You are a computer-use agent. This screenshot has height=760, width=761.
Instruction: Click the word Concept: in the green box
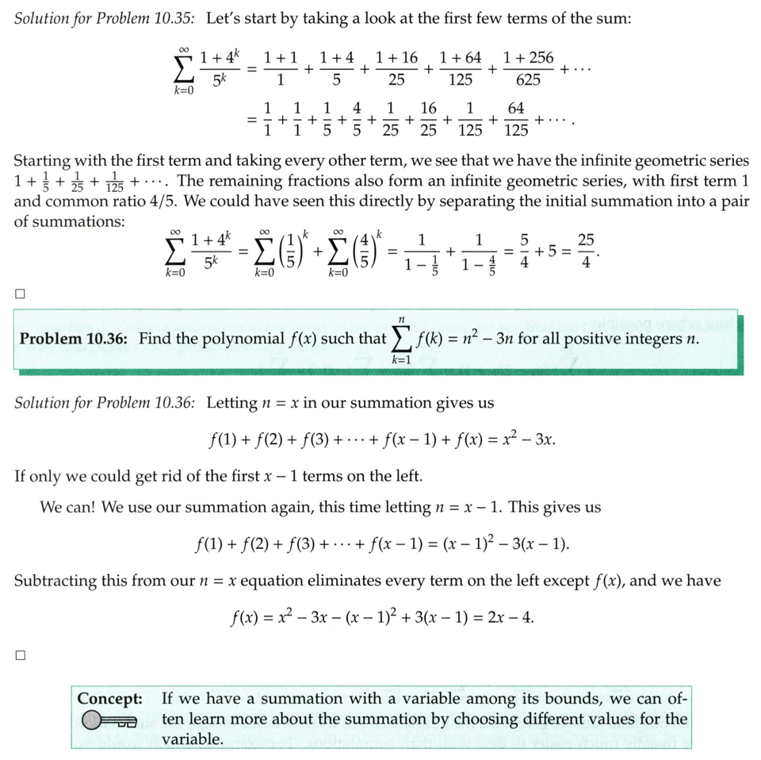pyautogui.click(x=110, y=699)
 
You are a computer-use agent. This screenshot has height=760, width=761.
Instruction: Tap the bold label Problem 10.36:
pyautogui.click(x=74, y=339)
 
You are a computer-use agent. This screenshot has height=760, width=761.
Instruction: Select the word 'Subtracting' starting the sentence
pyautogui.click(x=55, y=580)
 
